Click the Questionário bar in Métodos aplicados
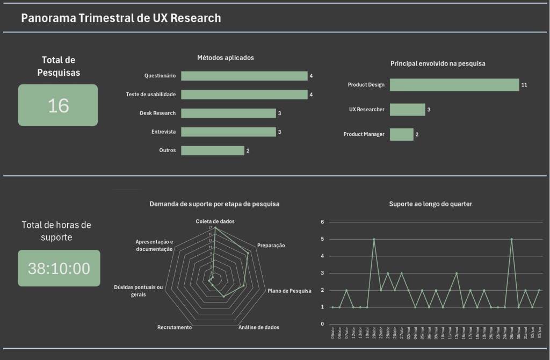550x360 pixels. (x=244, y=76)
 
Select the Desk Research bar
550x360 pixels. (x=228, y=113)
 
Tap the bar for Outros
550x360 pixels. (x=212, y=150)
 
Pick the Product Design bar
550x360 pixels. (x=454, y=85)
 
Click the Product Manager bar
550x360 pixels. (x=401, y=134)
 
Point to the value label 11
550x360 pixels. (x=524, y=85)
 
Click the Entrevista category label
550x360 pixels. (x=164, y=132)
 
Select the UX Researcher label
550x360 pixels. (x=366, y=110)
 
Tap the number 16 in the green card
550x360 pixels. (x=58, y=105)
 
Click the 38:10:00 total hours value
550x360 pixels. (x=59, y=268)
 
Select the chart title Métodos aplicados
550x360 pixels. (x=225, y=57)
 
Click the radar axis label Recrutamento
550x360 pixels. (x=175, y=327)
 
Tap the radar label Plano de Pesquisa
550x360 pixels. (x=290, y=291)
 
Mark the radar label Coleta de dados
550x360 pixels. (x=215, y=221)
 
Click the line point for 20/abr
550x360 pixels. (x=374, y=239)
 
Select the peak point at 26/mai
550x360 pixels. (x=511, y=239)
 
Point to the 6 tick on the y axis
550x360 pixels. (x=322, y=222)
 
